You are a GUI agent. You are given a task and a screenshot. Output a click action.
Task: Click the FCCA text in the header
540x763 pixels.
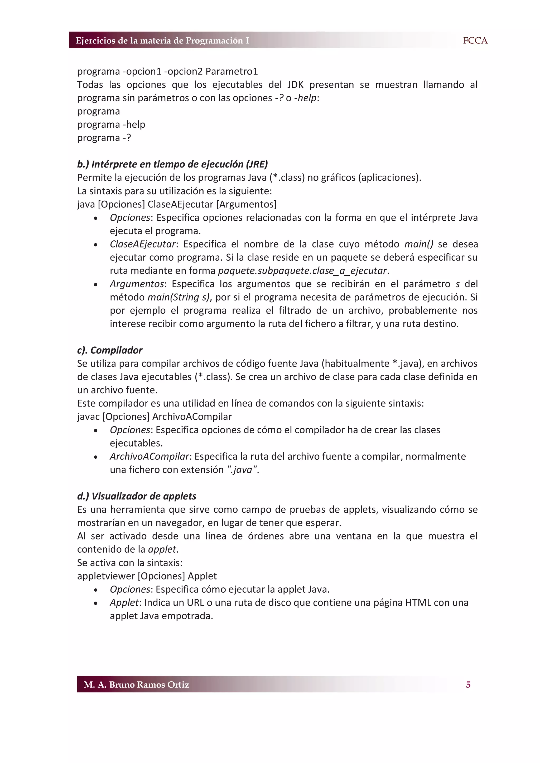[475, 41]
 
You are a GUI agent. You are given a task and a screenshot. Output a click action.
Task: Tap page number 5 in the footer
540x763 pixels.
[468, 685]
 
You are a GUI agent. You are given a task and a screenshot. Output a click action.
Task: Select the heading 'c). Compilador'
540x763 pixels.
[109, 350]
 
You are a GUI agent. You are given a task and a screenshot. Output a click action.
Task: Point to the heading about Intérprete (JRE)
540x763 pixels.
[172, 164]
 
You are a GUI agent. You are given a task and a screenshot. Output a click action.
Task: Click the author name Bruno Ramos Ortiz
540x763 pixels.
[136, 685]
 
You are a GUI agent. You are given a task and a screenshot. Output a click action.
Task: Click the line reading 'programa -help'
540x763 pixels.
[111, 124]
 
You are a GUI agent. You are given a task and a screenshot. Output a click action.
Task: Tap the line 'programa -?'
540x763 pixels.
[104, 138]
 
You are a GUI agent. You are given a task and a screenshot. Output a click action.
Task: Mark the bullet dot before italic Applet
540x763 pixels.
[96, 603]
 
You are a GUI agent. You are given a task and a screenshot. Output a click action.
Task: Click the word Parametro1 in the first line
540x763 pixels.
[232, 71]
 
